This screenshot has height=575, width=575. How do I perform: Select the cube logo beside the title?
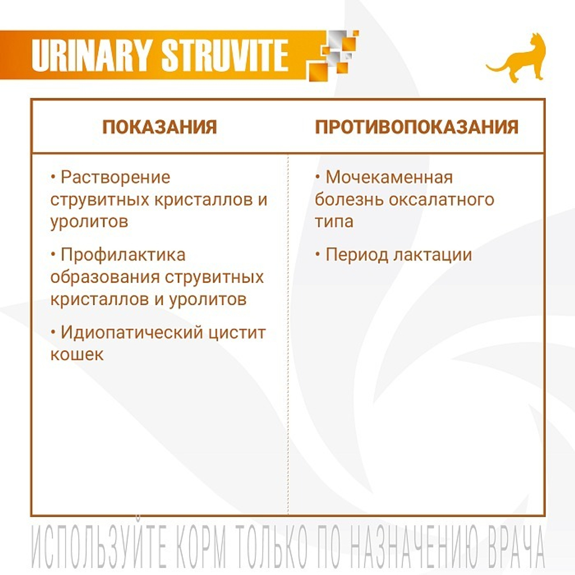(332, 55)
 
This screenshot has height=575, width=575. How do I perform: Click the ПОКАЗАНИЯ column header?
(159, 127)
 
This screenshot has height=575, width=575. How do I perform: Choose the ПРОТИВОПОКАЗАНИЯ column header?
(416, 127)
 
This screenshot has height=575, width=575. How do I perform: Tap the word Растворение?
(116, 177)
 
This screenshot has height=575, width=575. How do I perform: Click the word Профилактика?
(123, 255)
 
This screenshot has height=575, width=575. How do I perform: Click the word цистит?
(240, 332)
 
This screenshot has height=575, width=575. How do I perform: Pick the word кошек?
(77, 354)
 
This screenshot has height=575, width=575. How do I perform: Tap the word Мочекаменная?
(389, 177)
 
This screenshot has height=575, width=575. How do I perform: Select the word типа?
(334, 221)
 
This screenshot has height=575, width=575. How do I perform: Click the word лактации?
(432, 255)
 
